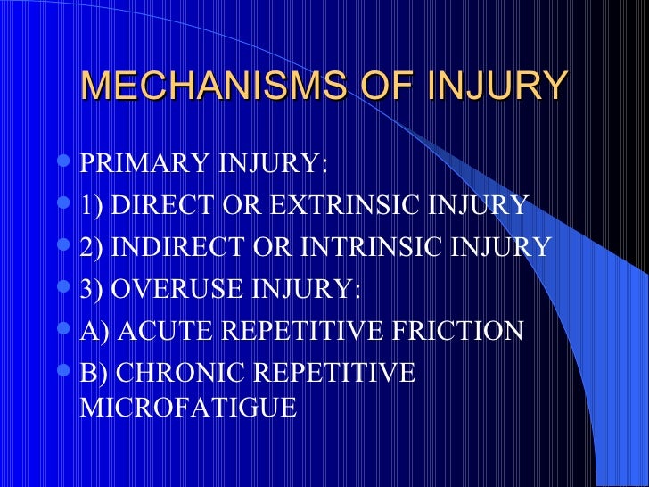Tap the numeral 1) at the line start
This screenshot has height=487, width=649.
(x=91, y=206)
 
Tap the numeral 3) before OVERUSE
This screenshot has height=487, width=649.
(x=91, y=289)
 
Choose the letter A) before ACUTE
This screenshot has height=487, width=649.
(x=93, y=331)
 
